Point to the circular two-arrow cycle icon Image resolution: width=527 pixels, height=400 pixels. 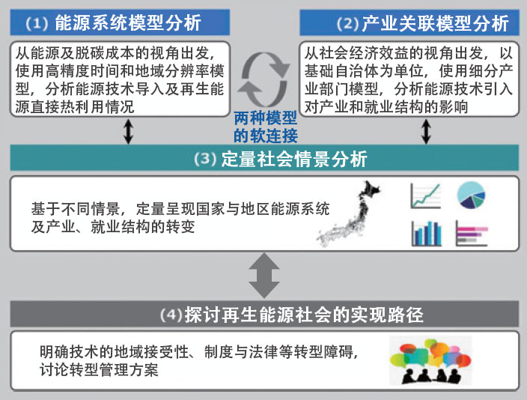(263, 76)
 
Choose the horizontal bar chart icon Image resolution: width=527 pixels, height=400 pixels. (472, 233)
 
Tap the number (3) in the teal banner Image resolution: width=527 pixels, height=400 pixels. (205, 160)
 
